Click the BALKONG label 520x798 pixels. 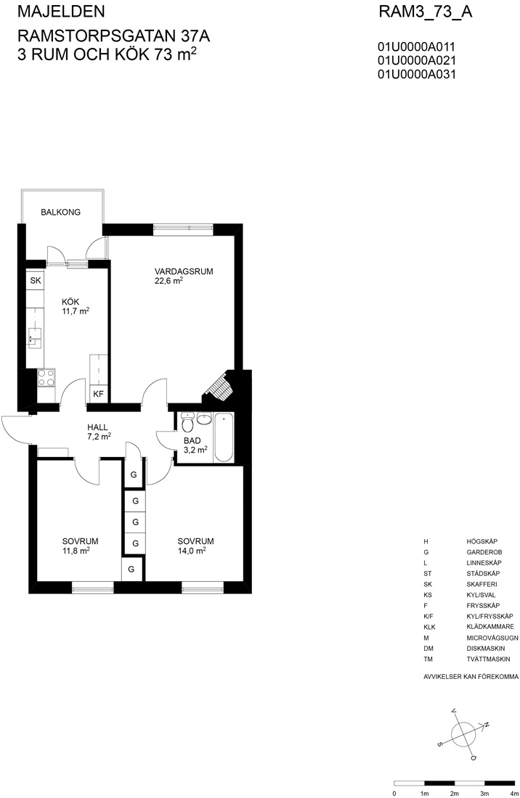pos(60,213)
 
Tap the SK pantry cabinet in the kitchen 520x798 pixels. pos(35,281)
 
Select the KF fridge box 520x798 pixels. pos(98,394)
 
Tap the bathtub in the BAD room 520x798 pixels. pos(224,437)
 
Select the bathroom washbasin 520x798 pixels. pos(204,419)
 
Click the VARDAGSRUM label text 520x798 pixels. pos(183,271)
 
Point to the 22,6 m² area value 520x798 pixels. pos(168,281)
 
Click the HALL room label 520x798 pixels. pos(97,427)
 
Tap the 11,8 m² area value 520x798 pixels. pos(76,550)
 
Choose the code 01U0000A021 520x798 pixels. pos(417,60)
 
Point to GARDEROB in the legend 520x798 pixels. pos(484,552)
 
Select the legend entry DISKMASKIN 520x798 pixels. pos(485,649)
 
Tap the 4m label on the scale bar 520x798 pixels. pos(513,794)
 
